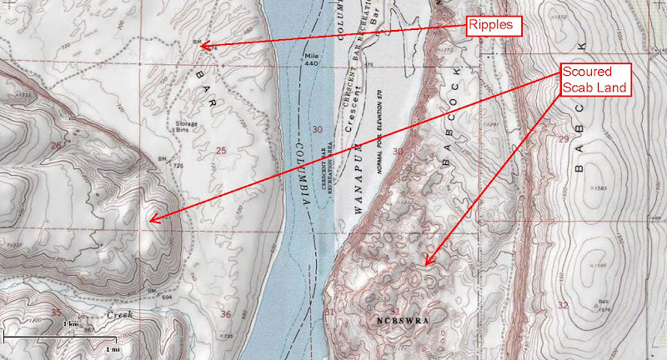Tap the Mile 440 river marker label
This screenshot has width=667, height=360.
point(310,58)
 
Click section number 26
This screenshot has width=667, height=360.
point(56,146)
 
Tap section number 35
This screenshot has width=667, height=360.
point(56,313)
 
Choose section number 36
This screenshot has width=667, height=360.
point(226,314)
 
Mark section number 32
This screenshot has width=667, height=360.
point(563,305)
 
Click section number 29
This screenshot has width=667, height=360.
point(563,139)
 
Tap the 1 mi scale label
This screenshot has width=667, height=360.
point(111,348)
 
